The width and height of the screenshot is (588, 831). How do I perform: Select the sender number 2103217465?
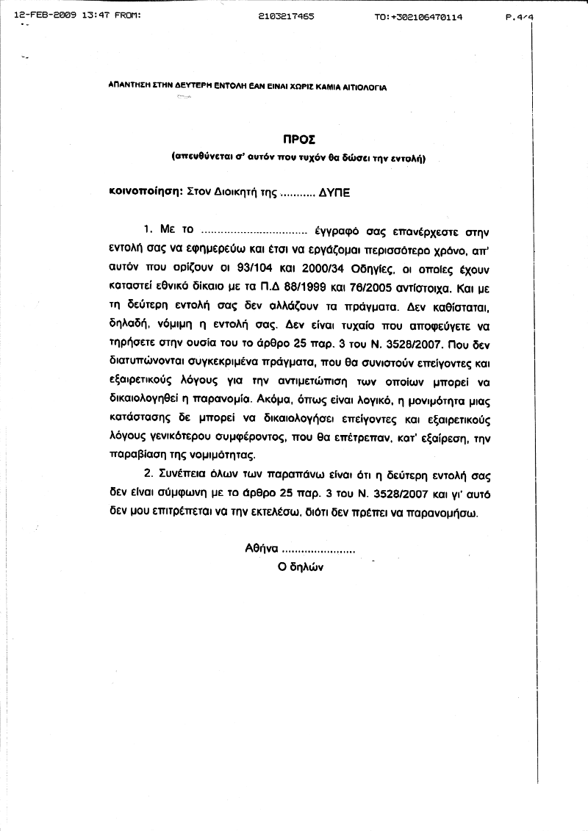click(x=287, y=15)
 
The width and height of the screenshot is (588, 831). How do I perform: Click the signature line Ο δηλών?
click(x=301, y=567)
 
